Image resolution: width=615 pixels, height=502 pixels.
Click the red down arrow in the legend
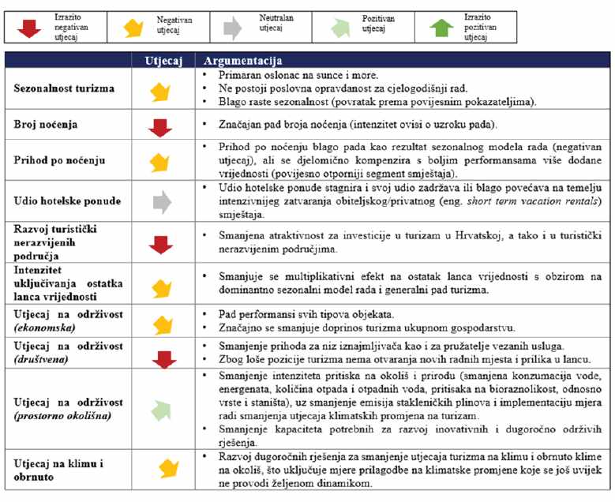tap(28, 26)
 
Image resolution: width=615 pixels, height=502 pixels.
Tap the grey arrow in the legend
tap(232, 27)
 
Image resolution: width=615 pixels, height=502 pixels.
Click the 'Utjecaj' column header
tap(162, 60)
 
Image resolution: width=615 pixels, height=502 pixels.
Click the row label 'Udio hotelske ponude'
tap(66, 200)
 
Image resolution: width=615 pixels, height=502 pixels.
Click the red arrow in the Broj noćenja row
tap(161, 128)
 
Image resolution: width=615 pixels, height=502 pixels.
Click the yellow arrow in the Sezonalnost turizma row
tap(161, 92)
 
